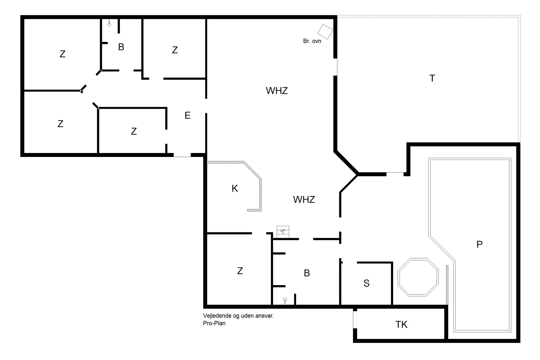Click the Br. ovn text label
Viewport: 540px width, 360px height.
pyautogui.click(x=312, y=41)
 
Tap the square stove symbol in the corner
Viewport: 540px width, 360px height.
pyautogui.click(x=325, y=31)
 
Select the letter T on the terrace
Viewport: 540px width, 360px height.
pyautogui.click(x=432, y=78)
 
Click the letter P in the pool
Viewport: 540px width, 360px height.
pyautogui.click(x=480, y=244)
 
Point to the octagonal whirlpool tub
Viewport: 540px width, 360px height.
pyautogui.click(x=418, y=277)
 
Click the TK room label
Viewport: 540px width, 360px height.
pyautogui.click(x=401, y=325)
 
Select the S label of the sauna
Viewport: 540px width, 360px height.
pyautogui.click(x=366, y=283)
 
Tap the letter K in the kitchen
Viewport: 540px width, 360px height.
pyautogui.click(x=235, y=188)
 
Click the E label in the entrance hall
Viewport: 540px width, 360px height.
pyautogui.click(x=188, y=115)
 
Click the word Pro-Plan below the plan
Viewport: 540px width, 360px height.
pyautogui.click(x=214, y=323)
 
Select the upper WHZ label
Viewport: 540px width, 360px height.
pyautogui.click(x=277, y=91)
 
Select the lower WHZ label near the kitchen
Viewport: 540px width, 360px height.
pyautogui.click(x=304, y=200)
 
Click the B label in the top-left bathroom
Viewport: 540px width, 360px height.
pyautogui.click(x=121, y=47)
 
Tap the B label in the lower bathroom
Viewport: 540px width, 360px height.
pyautogui.click(x=307, y=273)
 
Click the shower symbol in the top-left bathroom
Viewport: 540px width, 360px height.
pyautogui.click(x=109, y=24)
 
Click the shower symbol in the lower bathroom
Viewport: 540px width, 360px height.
pyautogui.click(x=285, y=300)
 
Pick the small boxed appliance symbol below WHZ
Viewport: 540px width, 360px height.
pyautogui.click(x=283, y=231)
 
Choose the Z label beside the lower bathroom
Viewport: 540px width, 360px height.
pyautogui.click(x=240, y=271)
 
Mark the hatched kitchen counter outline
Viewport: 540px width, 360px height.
pyautogui.click(x=260, y=194)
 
